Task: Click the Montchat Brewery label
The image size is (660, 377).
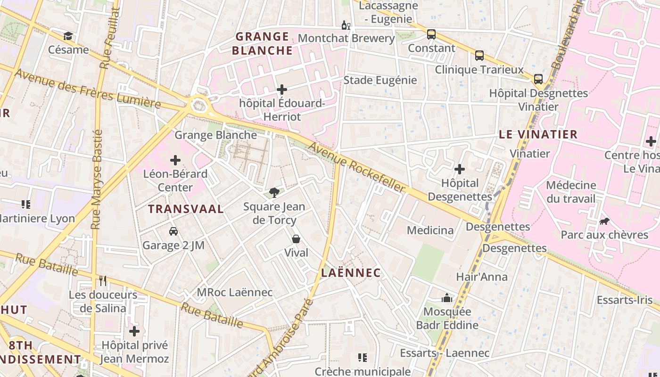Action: coord(346,38)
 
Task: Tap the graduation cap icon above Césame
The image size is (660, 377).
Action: coord(68,36)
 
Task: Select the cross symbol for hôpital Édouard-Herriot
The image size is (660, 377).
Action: coord(282,89)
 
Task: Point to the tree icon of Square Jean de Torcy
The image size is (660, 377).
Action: coord(274,192)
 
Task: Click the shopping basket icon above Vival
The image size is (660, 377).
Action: coord(296,239)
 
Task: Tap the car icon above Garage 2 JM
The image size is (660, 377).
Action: coord(173,231)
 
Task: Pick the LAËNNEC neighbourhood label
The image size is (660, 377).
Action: coord(351,273)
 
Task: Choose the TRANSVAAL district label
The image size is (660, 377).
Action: coord(186,209)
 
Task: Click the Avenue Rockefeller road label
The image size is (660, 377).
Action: coord(356,167)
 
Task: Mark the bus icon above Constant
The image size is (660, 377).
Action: coord(431,34)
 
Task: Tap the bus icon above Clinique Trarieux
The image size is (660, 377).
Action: coord(479,56)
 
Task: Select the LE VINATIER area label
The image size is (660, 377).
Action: coord(538,134)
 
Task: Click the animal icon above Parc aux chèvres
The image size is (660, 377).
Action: coord(604,221)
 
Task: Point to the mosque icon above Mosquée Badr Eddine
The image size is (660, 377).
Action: coord(446,298)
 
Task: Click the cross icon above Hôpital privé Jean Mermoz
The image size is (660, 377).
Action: coord(134,331)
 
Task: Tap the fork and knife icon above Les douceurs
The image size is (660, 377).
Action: coord(103,281)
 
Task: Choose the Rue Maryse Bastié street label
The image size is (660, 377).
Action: coord(97,179)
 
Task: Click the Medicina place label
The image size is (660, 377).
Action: coord(430,230)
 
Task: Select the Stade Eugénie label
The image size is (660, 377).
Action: coord(380,80)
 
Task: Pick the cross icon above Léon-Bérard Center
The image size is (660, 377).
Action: coord(175,160)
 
